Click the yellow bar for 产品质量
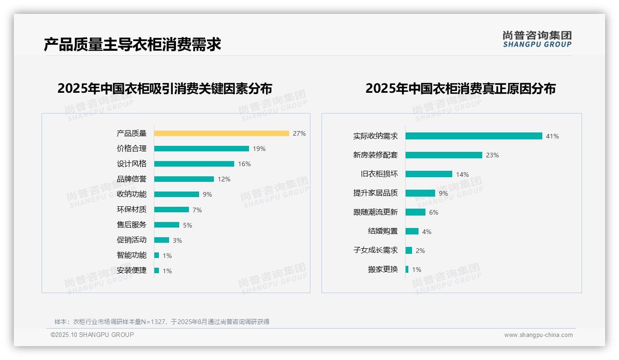coord(221,133)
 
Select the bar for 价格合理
coord(201,149)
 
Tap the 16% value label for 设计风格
coord(244,164)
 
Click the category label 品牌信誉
coord(132,179)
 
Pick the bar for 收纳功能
coord(176,194)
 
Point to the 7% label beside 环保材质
coord(197,210)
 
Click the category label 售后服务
coord(132,225)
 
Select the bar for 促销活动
coord(162,240)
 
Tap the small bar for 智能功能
coord(157,255)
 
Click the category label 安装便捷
coord(132,270)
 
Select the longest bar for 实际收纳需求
coord(473,136)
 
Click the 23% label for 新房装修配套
coord(492,155)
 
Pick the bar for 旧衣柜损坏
coord(429,174)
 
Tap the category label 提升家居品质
coord(376,193)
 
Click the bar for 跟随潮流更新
coord(415,212)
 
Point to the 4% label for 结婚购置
coord(427,232)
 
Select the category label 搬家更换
coord(383,270)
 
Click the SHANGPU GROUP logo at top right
coord(537,39)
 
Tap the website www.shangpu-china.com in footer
coord(538,335)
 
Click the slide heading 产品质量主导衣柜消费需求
coord(133,44)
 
